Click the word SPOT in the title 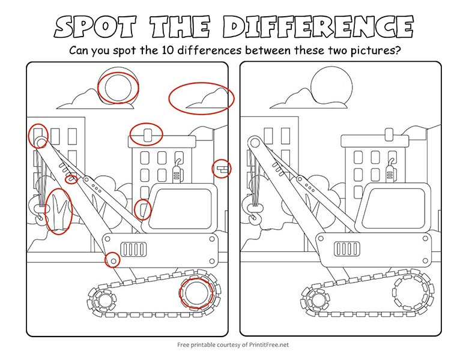pos(95,27)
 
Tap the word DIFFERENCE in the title pos(318,27)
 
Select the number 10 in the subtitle pos(168,50)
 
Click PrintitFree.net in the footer pos(269,345)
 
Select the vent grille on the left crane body pos(133,249)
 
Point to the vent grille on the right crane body pos(347,248)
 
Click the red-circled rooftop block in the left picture pos(147,135)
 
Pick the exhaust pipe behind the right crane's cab pos(390,172)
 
